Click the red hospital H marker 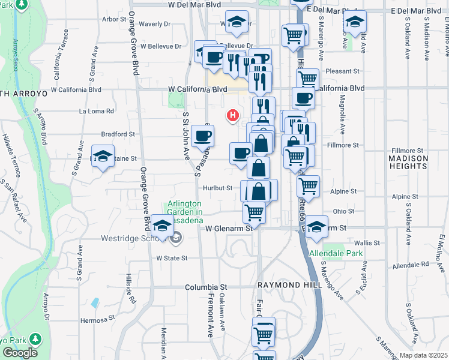coord(232,115)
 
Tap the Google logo coord(20,353)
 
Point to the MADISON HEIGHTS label coord(409,163)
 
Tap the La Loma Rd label coord(97,111)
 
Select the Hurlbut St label coord(217,188)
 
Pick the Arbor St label coord(113,19)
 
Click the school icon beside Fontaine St coord(103,157)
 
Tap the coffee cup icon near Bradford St coord(203,136)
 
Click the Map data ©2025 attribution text coord(423,355)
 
